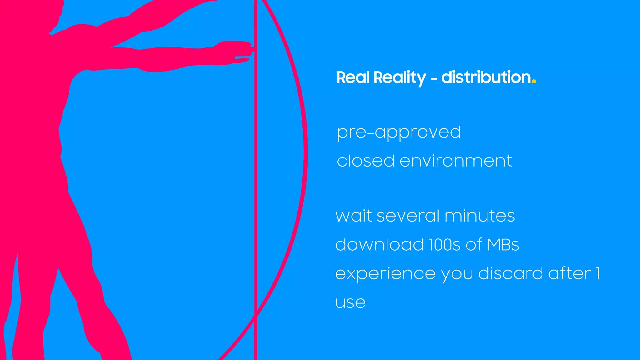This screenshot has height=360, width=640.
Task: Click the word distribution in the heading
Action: pyautogui.click(x=486, y=77)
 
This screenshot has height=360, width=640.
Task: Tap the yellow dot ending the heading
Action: pyautogui.click(x=534, y=82)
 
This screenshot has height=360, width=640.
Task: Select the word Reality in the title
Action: pyautogui.click(x=399, y=78)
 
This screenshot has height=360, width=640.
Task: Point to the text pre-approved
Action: pyautogui.click(x=399, y=132)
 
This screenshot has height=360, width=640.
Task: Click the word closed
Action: pyautogui.click(x=366, y=161)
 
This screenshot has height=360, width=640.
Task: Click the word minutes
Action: pyautogui.click(x=479, y=216)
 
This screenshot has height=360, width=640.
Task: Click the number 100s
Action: pyautogui.click(x=444, y=244)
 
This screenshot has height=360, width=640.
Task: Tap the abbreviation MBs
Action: pyautogui.click(x=503, y=244)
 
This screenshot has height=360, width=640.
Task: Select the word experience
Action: pyautogui.click(x=385, y=274)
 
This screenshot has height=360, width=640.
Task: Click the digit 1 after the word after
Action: pyautogui.click(x=597, y=273)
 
